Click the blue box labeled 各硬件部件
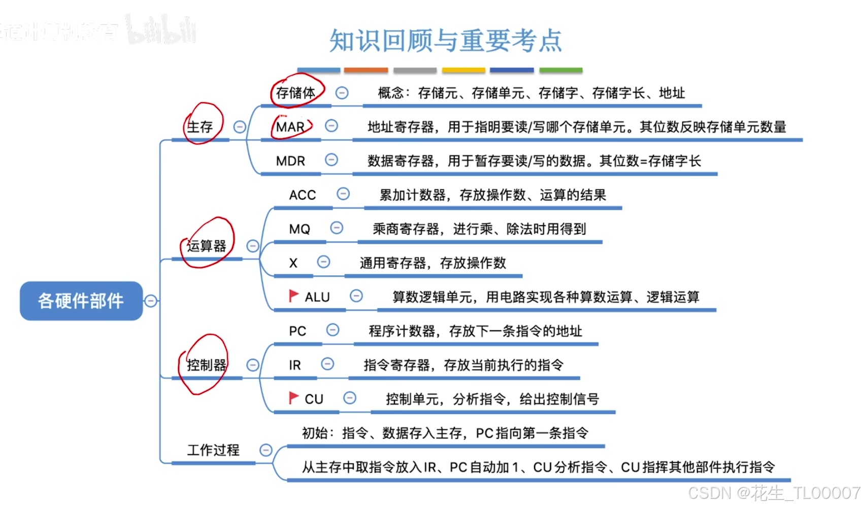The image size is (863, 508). point(81,301)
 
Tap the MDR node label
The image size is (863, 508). point(290,161)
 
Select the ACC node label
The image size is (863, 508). point(303,195)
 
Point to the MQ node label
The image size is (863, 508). point(300,229)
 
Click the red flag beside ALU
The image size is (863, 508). point(293,296)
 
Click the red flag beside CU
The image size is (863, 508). point(293,398)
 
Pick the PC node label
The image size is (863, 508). point(297,331)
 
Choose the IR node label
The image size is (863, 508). point(295,365)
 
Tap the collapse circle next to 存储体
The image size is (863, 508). point(342,93)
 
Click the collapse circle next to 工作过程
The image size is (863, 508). point(266,450)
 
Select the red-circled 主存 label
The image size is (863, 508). point(200,126)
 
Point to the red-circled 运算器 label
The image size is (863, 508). point(207,246)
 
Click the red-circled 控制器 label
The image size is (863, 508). point(207,365)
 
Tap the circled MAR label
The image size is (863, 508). point(290,127)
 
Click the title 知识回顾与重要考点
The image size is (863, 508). point(446,41)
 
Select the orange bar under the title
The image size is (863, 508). point(366,70)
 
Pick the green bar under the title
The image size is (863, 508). point(561,70)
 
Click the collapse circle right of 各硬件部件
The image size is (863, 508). point(151,301)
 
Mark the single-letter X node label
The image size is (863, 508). point(293,263)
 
